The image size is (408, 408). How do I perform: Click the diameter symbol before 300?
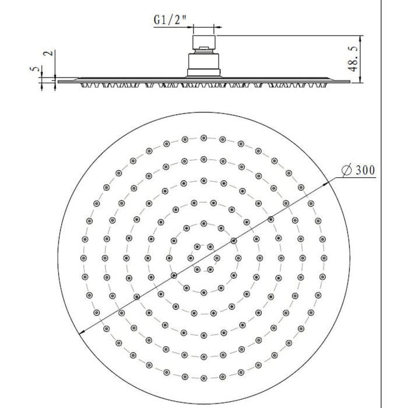[346, 171]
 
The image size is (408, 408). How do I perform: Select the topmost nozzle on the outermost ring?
[203, 138]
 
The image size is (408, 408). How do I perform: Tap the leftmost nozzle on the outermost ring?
[83, 257]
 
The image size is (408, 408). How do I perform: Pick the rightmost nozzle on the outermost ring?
[323, 257]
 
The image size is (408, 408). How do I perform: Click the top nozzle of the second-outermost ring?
[203, 158]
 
